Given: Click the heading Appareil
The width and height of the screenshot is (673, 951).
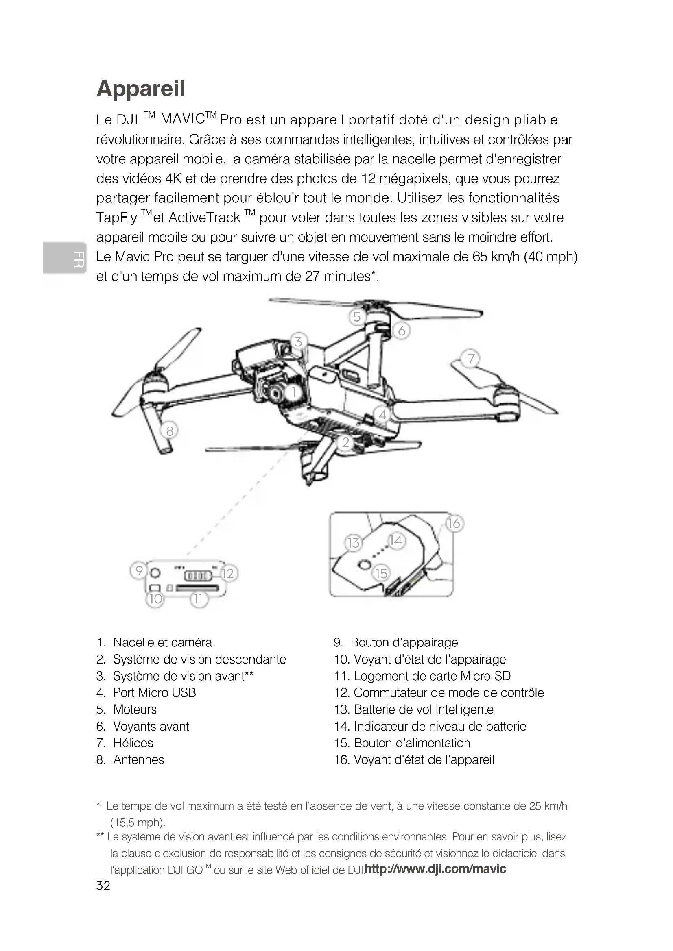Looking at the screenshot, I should pos(140,88).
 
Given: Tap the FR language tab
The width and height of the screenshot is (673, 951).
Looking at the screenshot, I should pos(65,258).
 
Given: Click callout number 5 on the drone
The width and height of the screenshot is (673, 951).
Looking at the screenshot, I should pos(357,317).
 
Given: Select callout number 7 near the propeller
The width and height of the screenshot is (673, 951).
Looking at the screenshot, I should pos(471,358).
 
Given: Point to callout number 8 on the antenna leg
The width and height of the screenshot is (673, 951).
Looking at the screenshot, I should pos(170,431).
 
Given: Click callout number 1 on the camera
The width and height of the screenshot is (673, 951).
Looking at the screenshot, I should pos(293,392).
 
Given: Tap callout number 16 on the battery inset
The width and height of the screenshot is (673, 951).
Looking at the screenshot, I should pos(454,524).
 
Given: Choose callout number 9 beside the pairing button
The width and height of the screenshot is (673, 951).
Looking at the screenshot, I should pos(139,571).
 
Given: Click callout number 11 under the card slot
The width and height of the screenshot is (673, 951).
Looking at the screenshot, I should pos(199,599).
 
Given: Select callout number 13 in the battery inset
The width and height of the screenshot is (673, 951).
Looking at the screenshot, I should pos(353,543).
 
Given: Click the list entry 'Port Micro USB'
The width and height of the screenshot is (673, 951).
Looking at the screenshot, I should pos(154,692).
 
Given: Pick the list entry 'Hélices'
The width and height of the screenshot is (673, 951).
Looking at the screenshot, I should pos(133,743).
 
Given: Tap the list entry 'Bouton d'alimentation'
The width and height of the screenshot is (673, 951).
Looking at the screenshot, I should pos(411,743).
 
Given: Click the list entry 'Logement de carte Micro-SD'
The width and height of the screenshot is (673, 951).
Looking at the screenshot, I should pos(432,676).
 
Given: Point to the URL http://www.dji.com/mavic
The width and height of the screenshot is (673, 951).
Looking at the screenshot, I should pos(435,868).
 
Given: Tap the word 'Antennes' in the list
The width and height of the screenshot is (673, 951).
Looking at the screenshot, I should pos(138,759).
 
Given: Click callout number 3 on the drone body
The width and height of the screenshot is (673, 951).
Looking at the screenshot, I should pos(298,342).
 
